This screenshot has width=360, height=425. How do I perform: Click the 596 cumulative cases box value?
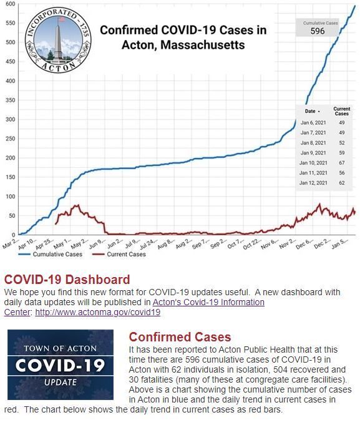(x=318, y=31)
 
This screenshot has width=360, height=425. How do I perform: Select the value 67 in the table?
(x=341, y=163)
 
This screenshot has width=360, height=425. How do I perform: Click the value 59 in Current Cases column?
(x=341, y=152)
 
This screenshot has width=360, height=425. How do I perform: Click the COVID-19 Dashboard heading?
(x=67, y=280)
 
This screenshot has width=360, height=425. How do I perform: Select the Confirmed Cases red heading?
(x=180, y=338)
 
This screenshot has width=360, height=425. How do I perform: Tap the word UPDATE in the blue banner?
(x=61, y=382)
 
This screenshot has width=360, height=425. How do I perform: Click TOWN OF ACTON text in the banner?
(x=61, y=348)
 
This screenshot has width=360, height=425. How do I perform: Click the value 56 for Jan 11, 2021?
(x=341, y=173)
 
